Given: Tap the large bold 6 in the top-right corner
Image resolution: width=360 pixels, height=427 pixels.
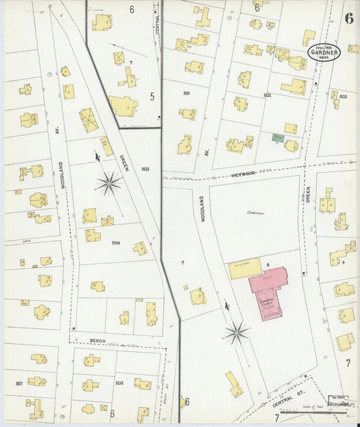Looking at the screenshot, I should (x=348, y=18).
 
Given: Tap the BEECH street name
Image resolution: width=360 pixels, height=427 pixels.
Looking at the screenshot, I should (x=98, y=341).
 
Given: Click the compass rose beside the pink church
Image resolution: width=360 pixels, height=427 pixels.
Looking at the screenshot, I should (x=236, y=332).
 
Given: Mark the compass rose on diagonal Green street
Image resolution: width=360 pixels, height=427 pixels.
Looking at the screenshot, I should (x=108, y=182).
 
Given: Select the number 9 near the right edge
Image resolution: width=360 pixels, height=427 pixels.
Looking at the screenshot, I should (x=343, y=262).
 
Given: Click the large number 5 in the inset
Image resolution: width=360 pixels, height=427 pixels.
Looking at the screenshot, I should (x=152, y=97).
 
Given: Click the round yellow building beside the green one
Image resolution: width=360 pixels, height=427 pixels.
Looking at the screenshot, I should (x=292, y=145).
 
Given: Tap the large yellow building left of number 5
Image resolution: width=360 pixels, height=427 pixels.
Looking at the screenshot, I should (x=123, y=105).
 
